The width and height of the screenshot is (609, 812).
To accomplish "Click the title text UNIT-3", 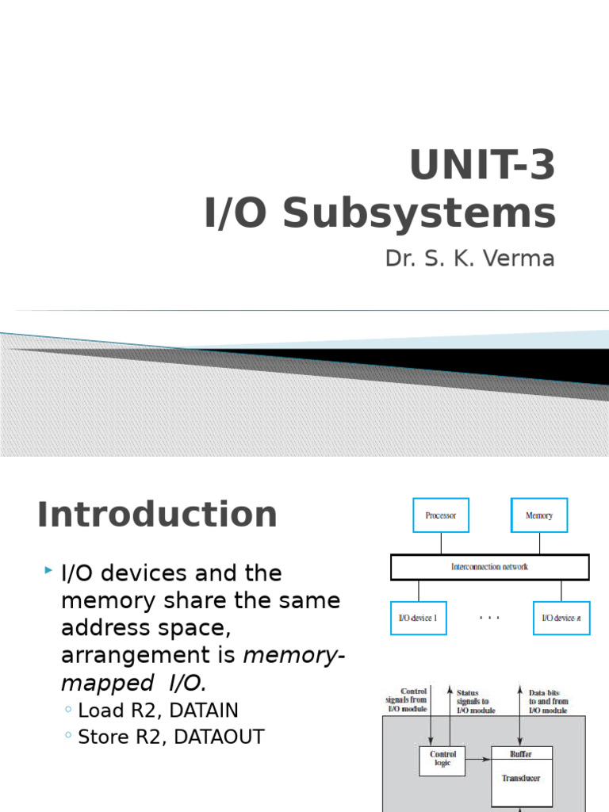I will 482,166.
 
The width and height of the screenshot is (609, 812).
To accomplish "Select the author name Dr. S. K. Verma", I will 469,259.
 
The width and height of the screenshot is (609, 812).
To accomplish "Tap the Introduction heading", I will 157,515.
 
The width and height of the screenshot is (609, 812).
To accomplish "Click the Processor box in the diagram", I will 441,515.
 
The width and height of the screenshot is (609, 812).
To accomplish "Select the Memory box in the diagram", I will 539,515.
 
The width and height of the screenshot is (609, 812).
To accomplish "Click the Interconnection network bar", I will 489,567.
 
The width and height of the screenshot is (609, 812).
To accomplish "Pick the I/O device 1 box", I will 418,618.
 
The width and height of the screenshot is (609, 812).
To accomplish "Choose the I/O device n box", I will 561,618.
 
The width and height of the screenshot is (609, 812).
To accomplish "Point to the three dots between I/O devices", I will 489,616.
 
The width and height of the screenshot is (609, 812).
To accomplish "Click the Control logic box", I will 442,760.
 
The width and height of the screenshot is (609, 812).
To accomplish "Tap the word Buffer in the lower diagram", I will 521,754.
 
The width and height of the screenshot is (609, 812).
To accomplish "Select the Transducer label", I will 521,778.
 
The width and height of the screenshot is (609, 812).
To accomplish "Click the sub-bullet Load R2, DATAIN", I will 158,710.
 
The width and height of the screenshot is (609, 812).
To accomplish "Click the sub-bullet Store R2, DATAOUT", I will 170,737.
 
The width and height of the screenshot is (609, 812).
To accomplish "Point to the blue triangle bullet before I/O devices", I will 49,571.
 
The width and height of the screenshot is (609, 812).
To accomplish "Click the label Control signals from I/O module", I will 407,700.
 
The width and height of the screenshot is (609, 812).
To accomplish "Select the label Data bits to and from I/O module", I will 548,702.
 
